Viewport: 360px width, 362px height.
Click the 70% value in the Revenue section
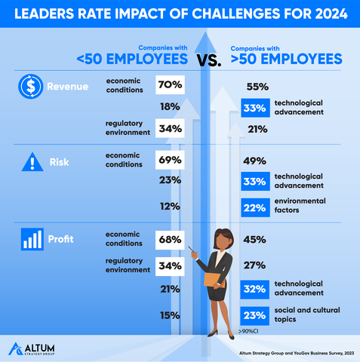(x=170, y=85)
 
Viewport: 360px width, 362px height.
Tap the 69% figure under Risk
(x=170, y=160)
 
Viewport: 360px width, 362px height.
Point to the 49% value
(x=255, y=160)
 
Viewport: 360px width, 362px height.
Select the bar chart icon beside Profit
(x=31, y=241)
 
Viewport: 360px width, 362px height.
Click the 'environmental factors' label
(x=300, y=205)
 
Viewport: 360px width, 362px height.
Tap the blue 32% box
(x=255, y=288)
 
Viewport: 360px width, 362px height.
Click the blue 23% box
(x=255, y=316)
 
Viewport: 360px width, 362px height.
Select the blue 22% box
(x=255, y=206)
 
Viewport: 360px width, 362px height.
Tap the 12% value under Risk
(x=169, y=206)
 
